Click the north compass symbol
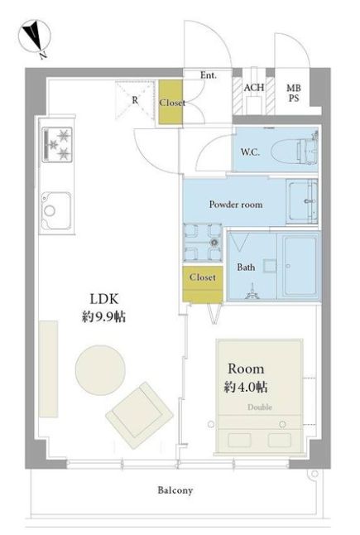[35, 36]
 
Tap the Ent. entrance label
[209, 75]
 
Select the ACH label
[253, 87]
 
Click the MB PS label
[294, 93]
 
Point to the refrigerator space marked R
[136, 100]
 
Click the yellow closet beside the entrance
[170, 102]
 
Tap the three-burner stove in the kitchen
[57, 144]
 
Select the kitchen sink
[56, 211]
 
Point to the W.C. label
[250, 152]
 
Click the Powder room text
[236, 205]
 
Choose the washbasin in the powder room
[302, 201]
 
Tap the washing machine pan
[203, 243]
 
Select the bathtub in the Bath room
[300, 266]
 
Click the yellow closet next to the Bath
[203, 284]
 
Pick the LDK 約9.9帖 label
[104, 308]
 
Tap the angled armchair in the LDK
[139, 415]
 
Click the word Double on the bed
[260, 407]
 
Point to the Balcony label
[175, 490]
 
